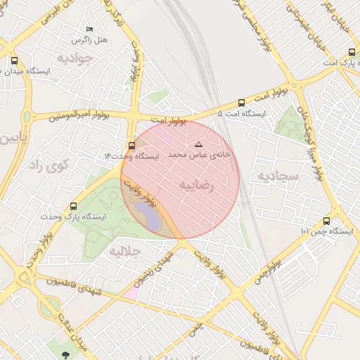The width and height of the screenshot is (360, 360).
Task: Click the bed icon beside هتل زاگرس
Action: point(89,29)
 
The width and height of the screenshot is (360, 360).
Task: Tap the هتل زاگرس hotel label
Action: point(94,39)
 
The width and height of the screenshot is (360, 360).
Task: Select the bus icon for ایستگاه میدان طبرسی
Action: point(15,60)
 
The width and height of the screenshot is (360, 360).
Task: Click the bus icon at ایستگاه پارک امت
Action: point(352,51)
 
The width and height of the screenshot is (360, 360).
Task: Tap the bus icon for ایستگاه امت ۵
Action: point(242,102)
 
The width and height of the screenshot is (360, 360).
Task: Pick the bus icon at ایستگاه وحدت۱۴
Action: point(132,145)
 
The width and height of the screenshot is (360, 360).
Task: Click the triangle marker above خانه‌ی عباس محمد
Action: point(198,143)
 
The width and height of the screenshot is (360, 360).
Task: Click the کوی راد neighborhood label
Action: point(48,166)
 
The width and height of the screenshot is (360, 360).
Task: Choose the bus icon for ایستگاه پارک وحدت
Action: point(74,206)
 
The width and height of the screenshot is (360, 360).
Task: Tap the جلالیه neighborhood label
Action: point(127,250)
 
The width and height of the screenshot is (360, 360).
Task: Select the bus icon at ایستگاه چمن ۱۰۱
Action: point(326,221)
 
